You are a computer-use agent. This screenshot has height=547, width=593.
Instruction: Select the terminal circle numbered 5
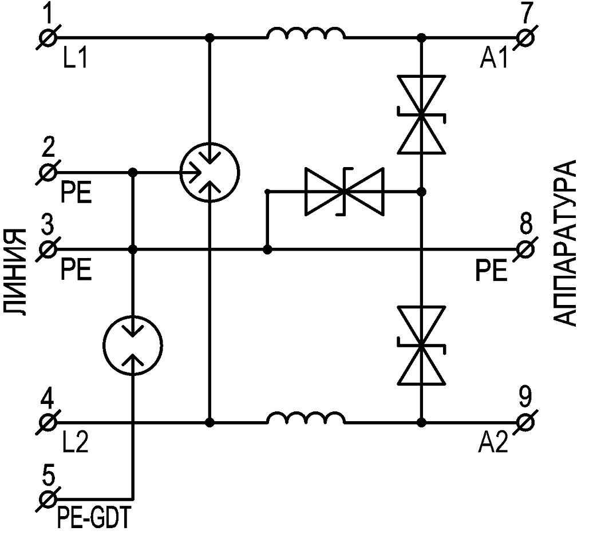[x=49, y=498]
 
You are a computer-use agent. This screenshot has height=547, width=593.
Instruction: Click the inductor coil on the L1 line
[x=305, y=34]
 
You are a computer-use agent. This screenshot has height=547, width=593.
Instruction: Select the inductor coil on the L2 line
[x=305, y=419]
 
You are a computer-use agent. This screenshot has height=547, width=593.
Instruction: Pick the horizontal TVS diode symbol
[x=345, y=192]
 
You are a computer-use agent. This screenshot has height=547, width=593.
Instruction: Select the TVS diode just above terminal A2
[x=422, y=346]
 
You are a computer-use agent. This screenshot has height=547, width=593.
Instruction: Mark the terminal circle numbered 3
[x=49, y=250]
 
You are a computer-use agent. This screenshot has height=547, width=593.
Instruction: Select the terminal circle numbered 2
[x=49, y=171]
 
